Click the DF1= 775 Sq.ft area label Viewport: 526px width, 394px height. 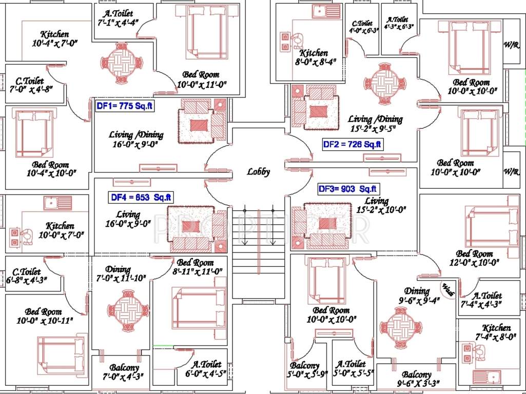(125, 106)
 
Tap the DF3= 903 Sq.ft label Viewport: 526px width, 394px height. (347, 189)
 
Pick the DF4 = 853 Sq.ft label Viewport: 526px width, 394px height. (141, 197)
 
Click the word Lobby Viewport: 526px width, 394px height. (258, 172)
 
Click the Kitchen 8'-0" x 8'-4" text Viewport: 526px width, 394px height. (314, 57)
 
